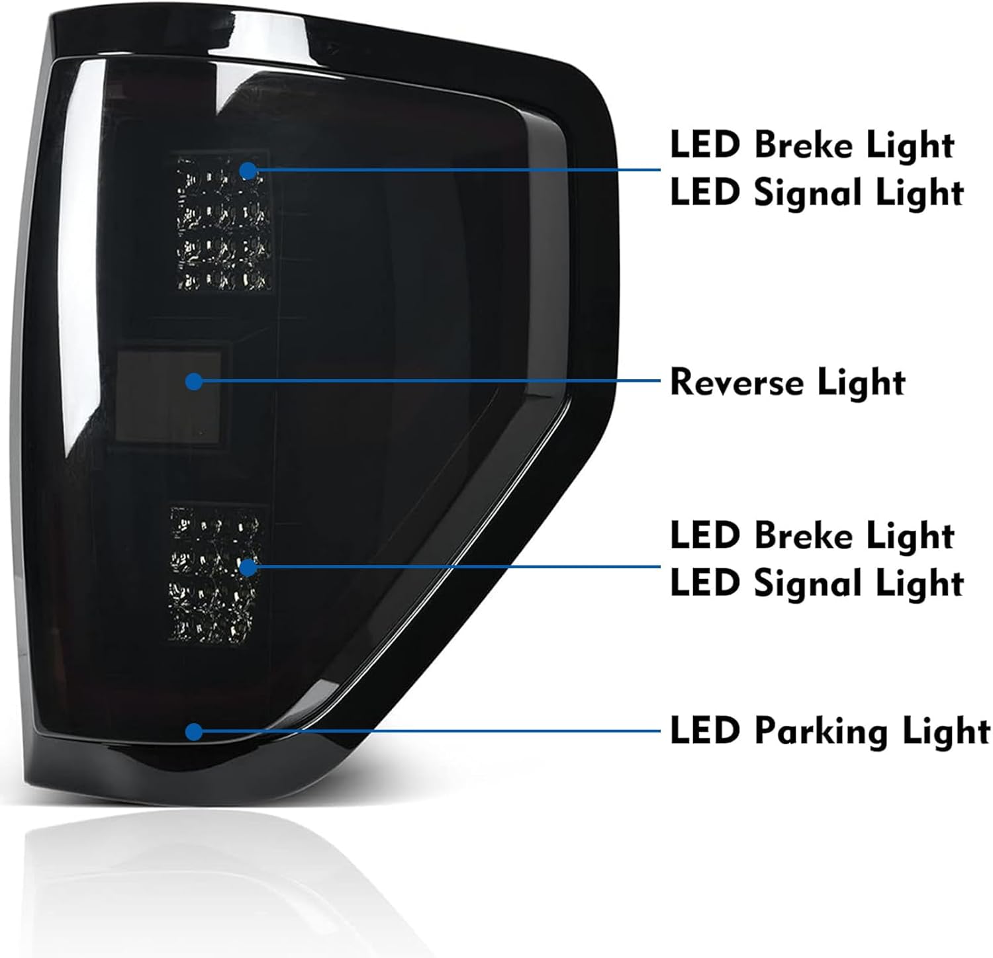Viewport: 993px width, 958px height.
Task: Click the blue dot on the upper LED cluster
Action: click(x=248, y=171)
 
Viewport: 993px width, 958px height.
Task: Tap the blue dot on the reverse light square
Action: click(x=193, y=381)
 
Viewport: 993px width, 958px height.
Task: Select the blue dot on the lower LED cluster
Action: click(x=248, y=567)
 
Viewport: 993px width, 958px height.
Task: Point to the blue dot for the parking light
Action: click(x=193, y=731)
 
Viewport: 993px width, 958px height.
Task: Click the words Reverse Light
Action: click(x=787, y=382)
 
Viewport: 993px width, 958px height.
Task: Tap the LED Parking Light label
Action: click(x=829, y=732)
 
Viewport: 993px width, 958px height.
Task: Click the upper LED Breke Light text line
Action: click(x=812, y=146)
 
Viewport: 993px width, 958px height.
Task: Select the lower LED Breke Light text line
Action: click(x=812, y=536)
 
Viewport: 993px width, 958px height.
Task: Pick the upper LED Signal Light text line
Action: click(x=816, y=193)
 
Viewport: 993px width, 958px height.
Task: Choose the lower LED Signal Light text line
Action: click(x=816, y=584)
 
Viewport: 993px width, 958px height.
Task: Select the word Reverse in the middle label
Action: click(x=738, y=382)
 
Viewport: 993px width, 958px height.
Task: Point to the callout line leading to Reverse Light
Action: click(x=430, y=381)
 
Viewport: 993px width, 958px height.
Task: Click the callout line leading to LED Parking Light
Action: click(x=430, y=731)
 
